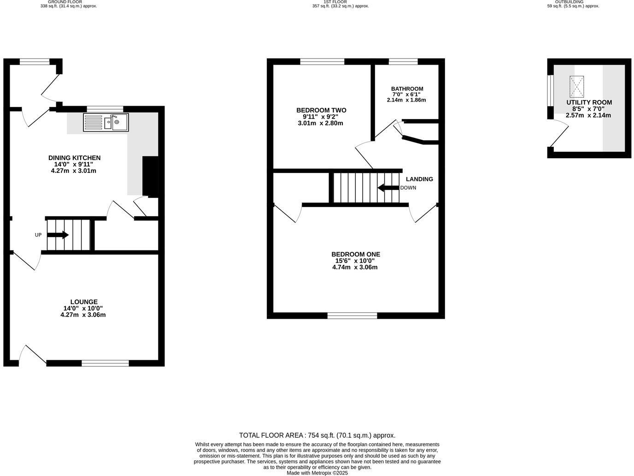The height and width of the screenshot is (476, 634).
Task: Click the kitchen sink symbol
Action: coord(106,122)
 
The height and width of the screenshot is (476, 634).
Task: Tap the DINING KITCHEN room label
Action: coord(74,158)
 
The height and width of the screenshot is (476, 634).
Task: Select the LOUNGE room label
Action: coord(84,302)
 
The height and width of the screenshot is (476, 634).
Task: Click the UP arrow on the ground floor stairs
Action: coord(58,235)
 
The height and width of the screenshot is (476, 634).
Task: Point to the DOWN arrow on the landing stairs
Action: coord(388,188)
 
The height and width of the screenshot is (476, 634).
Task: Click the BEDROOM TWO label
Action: coord(321,110)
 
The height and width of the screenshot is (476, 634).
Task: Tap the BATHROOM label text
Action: coord(407,89)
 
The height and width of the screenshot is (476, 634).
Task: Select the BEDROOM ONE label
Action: coord(356,254)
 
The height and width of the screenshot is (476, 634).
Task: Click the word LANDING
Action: coord(419,179)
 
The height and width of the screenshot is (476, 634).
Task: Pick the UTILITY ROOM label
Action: coord(589,102)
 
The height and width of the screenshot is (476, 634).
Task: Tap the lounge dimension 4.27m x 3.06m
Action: coord(83,315)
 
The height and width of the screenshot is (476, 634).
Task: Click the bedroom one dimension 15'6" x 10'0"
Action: coord(355,261)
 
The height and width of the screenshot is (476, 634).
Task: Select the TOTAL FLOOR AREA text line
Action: coord(317,435)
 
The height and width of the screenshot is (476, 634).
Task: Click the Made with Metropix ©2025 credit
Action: coord(317,473)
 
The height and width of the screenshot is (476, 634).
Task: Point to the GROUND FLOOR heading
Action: coord(65,2)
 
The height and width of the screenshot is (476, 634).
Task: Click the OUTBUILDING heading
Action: coord(569,2)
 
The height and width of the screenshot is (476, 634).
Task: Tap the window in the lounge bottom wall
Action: coord(105,363)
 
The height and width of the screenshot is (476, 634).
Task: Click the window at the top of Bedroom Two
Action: coord(322,61)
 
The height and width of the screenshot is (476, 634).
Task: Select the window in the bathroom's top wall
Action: coord(403,61)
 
